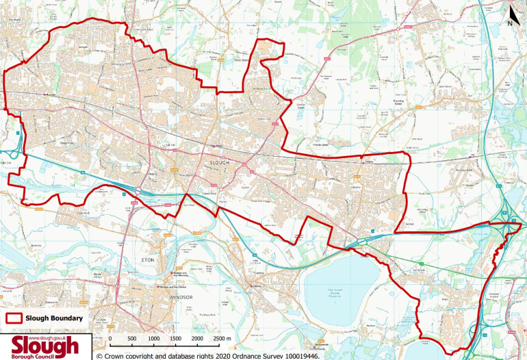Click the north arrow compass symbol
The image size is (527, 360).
pyautogui.click(x=510, y=15)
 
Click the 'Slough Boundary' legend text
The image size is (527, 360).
pyautogui.click(x=54, y=318)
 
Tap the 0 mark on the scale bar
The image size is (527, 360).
pyautogui.click(x=110, y=338)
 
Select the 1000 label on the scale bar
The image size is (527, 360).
pyautogui.click(x=153, y=338)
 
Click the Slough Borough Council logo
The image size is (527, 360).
pyautogui.click(x=44, y=346)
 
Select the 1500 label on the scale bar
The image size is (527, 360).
pyautogui.click(x=175, y=338)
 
